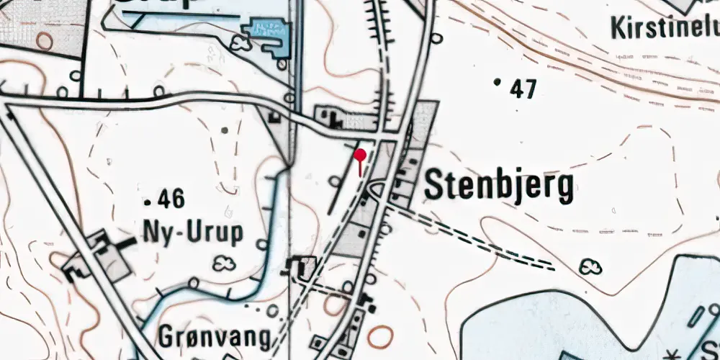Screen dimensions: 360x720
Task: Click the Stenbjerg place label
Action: [x=499, y=187]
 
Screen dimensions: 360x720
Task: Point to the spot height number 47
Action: [x=523, y=89]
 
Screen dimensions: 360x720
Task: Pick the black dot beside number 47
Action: [x=497, y=82]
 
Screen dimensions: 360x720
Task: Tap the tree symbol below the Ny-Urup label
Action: [x=225, y=264]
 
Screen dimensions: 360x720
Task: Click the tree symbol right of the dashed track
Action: [x=592, y=268]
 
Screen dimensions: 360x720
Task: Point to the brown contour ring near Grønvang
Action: [x=380, y=336]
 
